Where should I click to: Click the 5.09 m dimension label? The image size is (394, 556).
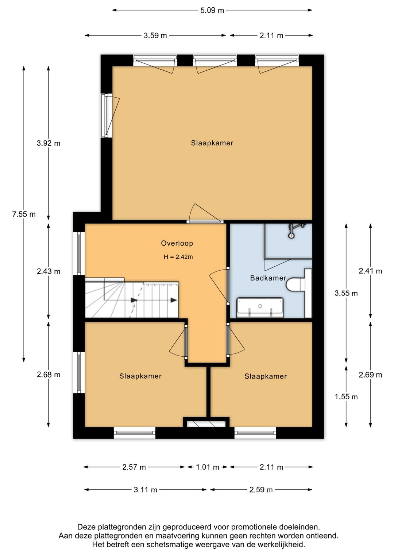pos(212,11)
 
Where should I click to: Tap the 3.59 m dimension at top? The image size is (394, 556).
pos(155,35)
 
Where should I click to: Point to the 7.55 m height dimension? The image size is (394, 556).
pos(24,214)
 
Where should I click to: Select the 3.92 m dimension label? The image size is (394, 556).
pos(49,143)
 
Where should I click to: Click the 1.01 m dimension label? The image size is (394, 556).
pos(207,467)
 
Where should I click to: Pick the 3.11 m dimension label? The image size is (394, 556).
pos(146,490)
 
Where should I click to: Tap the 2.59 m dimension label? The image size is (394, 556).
pos(261,490)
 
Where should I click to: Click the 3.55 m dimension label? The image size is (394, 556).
pos(346,293)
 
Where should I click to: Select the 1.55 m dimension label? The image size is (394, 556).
pos(346,397)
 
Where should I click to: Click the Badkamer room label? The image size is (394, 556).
pos(268,278)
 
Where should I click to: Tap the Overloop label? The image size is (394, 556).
pos(177,243)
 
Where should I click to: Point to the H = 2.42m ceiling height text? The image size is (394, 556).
pos(178,257)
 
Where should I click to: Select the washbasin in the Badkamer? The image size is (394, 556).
pos(260,308)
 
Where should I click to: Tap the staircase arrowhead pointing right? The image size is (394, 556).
pos(174,300)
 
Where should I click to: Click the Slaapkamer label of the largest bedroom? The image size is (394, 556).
pos(212,143)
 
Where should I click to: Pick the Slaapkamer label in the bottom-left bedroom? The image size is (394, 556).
pos(140,376)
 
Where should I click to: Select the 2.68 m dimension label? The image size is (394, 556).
pos(49,375)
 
